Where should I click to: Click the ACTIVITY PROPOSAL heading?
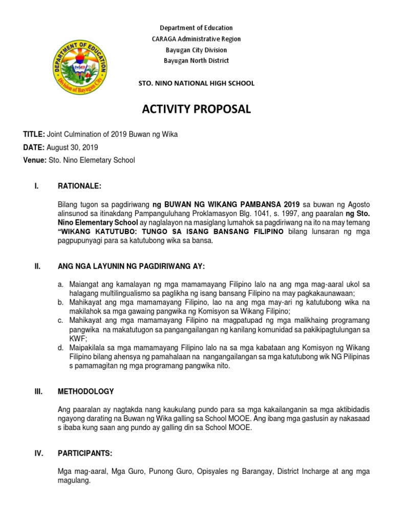click(196, 109)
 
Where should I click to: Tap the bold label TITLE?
click(34, 134)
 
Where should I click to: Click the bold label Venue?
click(35, 160)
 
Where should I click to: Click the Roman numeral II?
click(37, 266)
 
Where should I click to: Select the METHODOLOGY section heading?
click(86, 392)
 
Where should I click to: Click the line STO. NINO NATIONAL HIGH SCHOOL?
click(196, 83)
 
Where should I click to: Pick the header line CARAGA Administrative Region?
click(196, 39)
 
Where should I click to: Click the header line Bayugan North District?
click(196, 61)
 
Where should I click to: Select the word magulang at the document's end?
click(74, 481)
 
